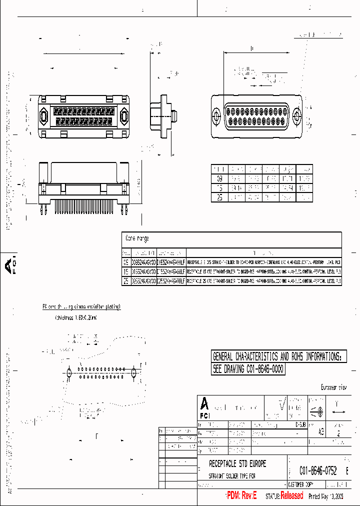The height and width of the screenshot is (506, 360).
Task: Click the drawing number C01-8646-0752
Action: pyautogui.click(x=318, y=470)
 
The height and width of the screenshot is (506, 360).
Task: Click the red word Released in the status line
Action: pyautogui.click(x=291, y=495)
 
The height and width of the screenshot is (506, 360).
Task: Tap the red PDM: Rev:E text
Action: pyautogui.click(x=241, y=495)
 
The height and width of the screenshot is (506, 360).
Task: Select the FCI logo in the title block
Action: pyautogui.click(x=204, y=408)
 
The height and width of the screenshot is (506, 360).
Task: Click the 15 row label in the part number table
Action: pyautogui.click(x=125, y=271)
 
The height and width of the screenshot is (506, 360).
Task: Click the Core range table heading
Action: pyautogui.click(x=137, y=238)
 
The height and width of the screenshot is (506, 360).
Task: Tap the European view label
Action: pyautogui.click(x=333, y=387)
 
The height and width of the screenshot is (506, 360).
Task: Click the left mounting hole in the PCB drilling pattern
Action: pyautogui.click(x=68, y=372)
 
